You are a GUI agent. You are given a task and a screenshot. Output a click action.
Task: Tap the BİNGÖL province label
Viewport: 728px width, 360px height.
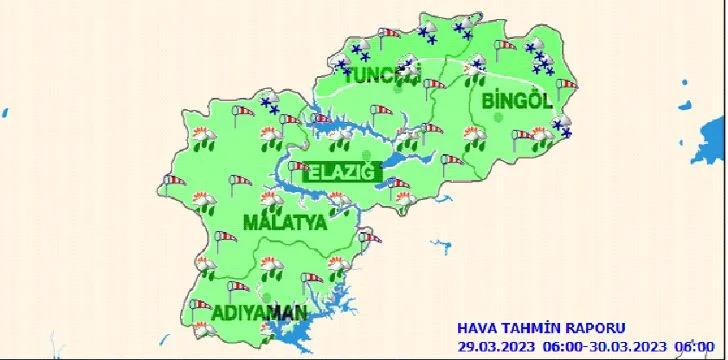tap(517, 101)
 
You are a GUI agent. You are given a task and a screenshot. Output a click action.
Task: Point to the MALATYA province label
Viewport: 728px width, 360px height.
tap(285, 222)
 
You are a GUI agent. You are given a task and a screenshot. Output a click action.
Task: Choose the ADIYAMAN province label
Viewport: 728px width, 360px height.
tap(259, 314)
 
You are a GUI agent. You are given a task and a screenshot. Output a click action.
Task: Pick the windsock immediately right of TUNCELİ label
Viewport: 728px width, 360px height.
tap(434, 84)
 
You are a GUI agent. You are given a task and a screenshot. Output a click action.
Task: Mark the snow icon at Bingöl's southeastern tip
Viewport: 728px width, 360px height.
tap(563, 127)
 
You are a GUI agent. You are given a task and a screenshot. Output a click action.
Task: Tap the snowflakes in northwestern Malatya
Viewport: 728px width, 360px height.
tap(269, 104)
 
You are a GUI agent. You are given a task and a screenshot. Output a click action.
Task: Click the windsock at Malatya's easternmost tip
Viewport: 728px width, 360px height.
tap(372, 237)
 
